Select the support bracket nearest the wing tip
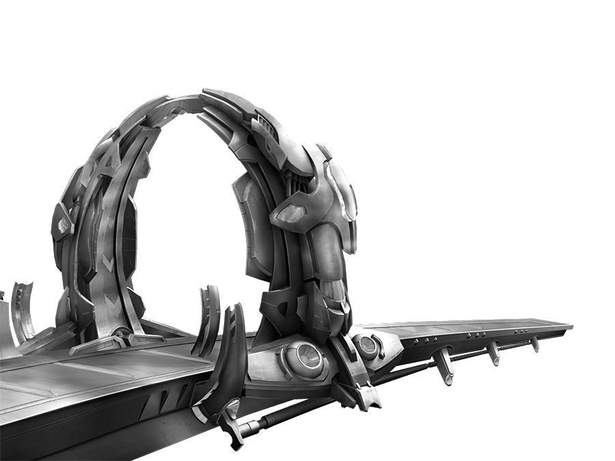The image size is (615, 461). point(534,344)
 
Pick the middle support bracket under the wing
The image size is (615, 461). point(492,352)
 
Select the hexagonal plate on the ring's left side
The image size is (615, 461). point(63,222)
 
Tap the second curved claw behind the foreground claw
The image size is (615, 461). point(208,321)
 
